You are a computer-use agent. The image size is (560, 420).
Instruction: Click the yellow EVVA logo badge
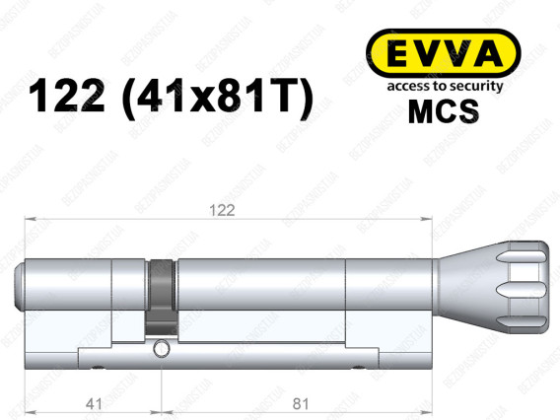coord(444,53)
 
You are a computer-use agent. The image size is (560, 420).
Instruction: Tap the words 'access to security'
coord(445,86)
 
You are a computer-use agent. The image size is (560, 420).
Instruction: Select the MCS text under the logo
coord(444,111)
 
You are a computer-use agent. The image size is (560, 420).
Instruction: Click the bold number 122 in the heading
coord(66,96)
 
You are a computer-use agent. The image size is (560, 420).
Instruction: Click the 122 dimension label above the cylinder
coord(222,210)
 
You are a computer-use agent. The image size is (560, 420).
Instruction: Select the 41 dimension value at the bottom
coord(94,404)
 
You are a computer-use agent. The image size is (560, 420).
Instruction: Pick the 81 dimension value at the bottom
coord(301,404)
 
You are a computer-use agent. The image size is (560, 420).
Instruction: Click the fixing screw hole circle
coord(161,349)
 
